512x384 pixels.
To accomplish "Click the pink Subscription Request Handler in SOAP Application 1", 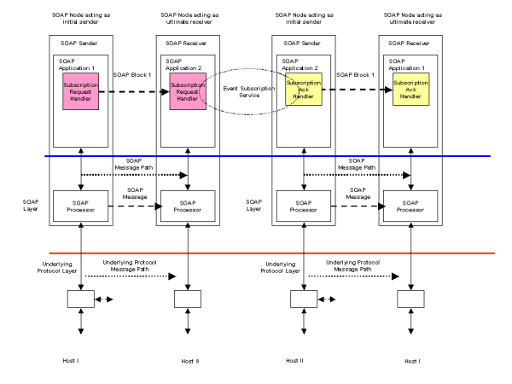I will coord(80,90).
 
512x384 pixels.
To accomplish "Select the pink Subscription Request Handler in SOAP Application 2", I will coord(188,90).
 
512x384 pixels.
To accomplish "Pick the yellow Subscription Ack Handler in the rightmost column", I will coord(410,90).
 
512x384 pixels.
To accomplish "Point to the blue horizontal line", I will coord(256,156).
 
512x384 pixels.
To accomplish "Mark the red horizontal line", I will coord(256,253).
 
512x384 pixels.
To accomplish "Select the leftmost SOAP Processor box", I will coord(80,205).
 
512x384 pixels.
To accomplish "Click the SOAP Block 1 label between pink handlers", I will coord(131,75).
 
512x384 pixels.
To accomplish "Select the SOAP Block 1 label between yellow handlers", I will coord(354,75).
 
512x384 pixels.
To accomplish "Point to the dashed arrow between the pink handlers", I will coord(137,90).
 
